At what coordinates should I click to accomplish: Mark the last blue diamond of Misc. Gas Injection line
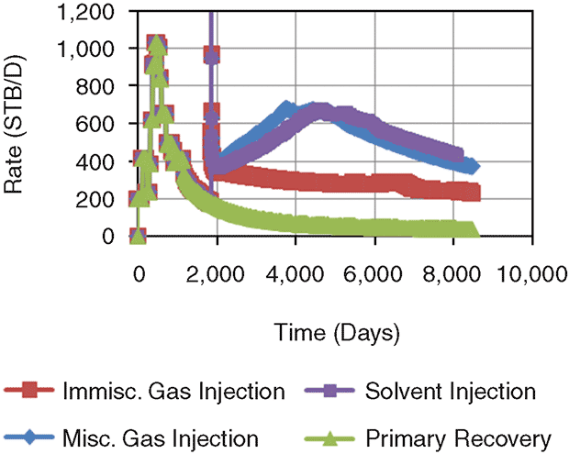pyautogui.click(x=472, y=166)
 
